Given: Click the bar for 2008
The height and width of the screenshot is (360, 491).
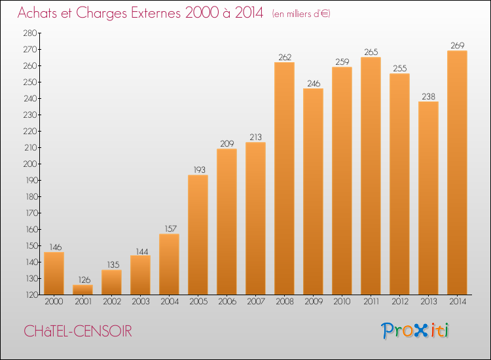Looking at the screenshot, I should (284, 178).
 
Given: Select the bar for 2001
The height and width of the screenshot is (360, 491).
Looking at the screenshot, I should (82, 289).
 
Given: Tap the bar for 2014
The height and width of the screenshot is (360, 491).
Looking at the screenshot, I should (457, 173).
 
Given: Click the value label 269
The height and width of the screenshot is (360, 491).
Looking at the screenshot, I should (457, 45).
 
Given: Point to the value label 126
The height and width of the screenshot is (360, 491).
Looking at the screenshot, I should (82, 279).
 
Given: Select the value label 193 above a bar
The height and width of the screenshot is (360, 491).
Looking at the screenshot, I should (198, 170).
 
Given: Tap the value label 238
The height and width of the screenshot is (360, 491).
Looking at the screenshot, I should (428, 96).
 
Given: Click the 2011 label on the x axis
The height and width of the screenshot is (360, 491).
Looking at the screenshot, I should (371, 302).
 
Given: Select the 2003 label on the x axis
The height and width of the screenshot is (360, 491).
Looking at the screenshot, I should (140, 302).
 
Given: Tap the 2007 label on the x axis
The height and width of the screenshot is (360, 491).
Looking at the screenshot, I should (255, 302).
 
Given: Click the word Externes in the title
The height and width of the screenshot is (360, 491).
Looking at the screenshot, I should (147, 14).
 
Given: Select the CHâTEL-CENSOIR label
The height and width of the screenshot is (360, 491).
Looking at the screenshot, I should (77, 332).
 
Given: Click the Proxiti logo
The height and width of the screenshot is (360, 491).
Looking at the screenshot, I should (414, 331).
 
